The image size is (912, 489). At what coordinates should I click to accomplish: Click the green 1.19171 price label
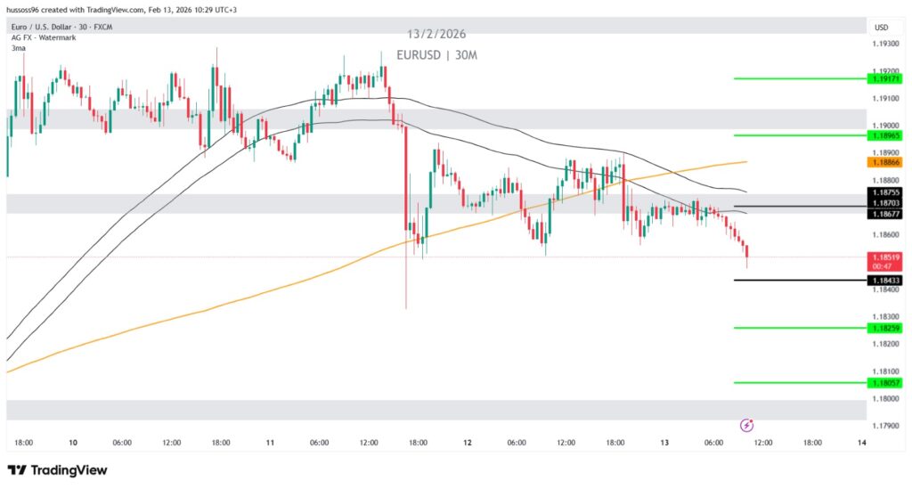click(885, 78)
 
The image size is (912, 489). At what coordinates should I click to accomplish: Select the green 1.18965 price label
click(885, 135)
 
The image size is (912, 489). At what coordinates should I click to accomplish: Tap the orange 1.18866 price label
click(885, 163)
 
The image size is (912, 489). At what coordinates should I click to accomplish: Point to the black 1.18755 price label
click(885, 192)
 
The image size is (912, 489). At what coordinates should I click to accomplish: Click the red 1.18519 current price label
click(885, 257)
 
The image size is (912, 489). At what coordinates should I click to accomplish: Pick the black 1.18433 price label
click(885, 281)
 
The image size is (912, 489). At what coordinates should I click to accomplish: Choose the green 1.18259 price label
click(885, 328)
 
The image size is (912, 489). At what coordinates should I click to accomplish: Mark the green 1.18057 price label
click(885, 383)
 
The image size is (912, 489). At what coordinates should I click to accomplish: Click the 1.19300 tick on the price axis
click(885, 44)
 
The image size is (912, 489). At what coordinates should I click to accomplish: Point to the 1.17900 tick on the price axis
click(885, 426)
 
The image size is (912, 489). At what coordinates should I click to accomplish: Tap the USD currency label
click(882, 28)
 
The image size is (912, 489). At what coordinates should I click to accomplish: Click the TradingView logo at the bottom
click(57, 470)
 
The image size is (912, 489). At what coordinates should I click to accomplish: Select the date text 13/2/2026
click(437, 35)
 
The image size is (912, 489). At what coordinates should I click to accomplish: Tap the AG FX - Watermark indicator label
click(43, 37)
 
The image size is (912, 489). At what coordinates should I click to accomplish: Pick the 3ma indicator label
click(18, 48)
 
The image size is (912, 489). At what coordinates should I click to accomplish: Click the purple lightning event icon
click(746, 426)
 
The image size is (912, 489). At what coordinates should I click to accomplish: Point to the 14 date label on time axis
click(861, 443)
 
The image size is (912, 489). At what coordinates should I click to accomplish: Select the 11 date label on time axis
click(270, 443)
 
